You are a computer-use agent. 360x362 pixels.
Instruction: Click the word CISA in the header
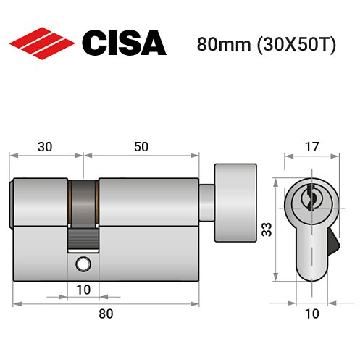click(124, 43)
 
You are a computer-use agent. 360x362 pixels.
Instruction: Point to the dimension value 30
click(45, 146)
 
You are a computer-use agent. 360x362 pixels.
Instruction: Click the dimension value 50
click(141, 146)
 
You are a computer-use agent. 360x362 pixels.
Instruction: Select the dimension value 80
click(106, 313)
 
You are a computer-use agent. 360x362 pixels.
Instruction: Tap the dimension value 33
click(266, 230)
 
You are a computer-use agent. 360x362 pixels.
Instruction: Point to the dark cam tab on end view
click(332, 238)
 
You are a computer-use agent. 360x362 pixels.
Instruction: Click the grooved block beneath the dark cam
click(84, 237)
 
